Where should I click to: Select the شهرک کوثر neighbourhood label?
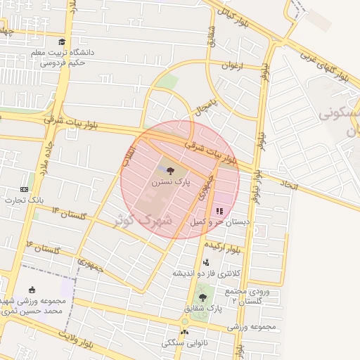click(143, 220)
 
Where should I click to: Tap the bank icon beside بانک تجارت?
click(25, 189)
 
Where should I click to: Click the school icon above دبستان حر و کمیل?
click(219, 210)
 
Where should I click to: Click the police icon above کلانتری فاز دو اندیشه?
click(206, 262)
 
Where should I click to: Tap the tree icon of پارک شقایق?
click(202, 297)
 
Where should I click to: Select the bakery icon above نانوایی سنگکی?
click(184, 332)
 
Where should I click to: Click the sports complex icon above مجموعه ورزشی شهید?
click(32, 289)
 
